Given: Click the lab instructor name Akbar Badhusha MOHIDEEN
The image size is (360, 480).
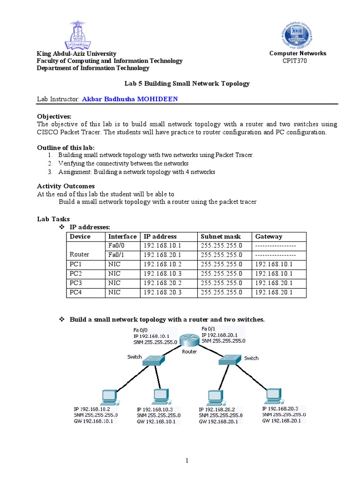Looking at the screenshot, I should pos(130,99).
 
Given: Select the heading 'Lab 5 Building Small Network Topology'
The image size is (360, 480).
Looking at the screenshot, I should pos(187,83).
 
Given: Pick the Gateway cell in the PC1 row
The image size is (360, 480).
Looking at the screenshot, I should pos(273,264).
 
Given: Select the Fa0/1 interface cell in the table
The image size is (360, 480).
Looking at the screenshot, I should pos(115,255).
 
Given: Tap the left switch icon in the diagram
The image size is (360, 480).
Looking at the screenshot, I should pos(153,360).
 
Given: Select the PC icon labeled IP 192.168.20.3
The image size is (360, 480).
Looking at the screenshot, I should pos(273,397).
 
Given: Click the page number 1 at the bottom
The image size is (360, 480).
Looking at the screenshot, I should pos(187,461).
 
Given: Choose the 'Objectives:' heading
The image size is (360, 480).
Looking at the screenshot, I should pos(54,116).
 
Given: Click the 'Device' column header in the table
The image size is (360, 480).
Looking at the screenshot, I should pos(80,236).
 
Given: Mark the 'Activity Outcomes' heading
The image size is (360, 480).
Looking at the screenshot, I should pos(66,186).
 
